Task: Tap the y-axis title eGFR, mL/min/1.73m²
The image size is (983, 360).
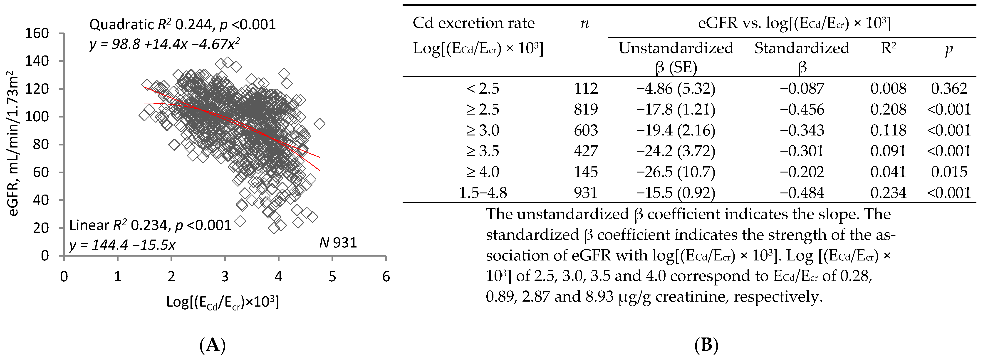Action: (x=14, y=144)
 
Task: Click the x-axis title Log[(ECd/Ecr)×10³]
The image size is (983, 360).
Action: (x=223, y=302)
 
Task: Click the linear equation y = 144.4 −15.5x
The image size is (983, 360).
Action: (x=122, y=245)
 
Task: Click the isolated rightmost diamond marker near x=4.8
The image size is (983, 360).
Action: (x=319, y=124)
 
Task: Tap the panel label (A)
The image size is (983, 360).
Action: (x=213, y=345)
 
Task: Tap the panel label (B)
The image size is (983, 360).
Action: (x=706, y=345)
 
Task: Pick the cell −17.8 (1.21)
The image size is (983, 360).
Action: (x=676, y=110)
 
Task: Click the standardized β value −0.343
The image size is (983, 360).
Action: (x=802, y=130)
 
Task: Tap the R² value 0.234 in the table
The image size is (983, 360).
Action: (x=888, y=192)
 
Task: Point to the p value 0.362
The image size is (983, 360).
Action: (x=949, y=89)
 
